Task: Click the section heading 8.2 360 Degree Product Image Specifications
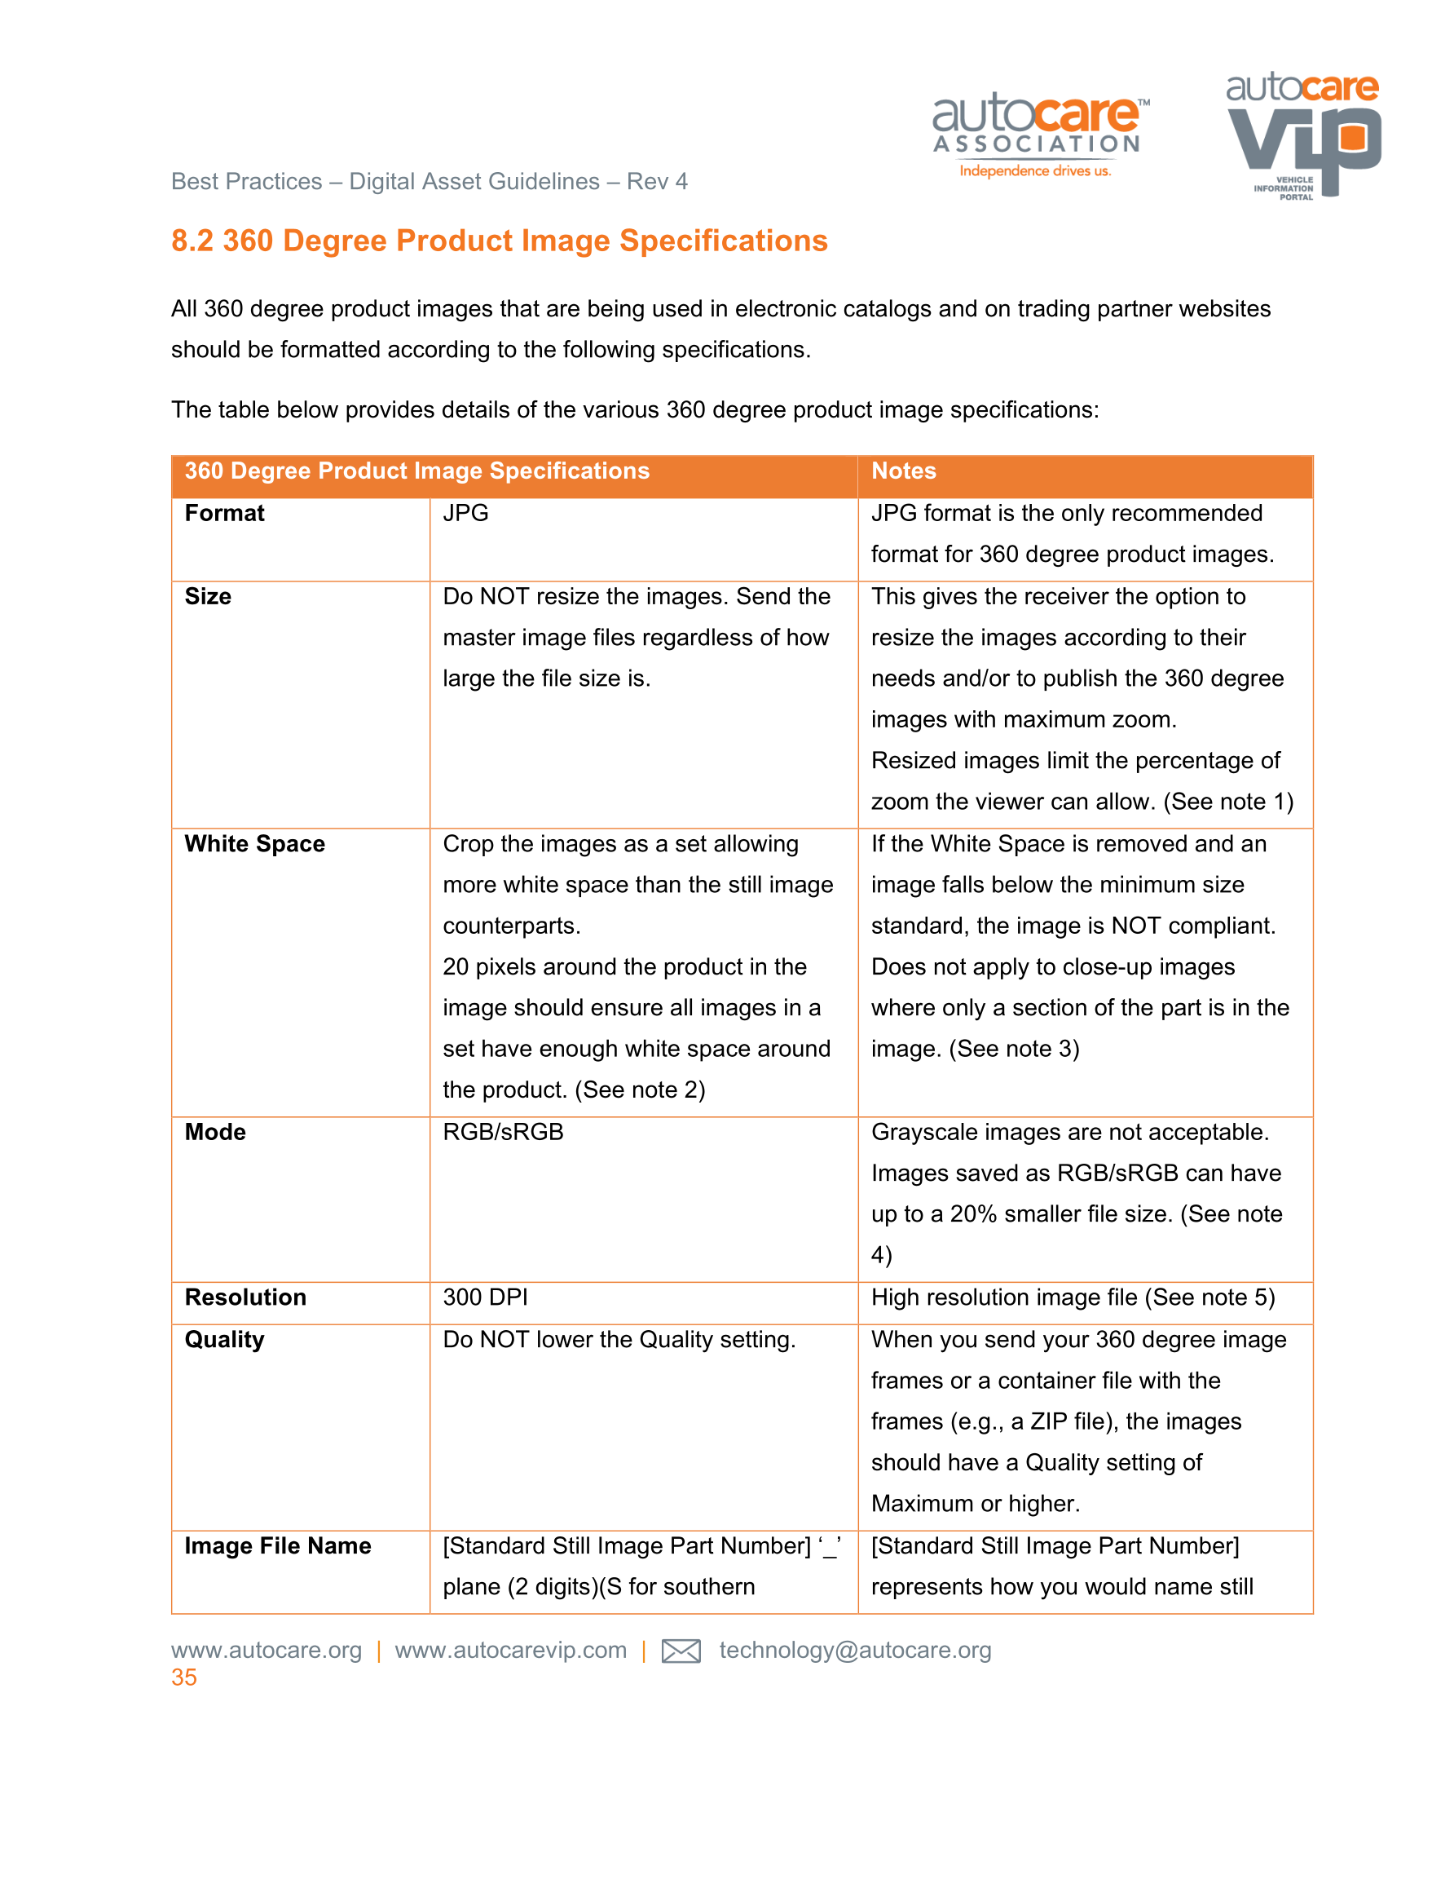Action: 499,241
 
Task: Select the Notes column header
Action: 903,471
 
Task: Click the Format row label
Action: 224,513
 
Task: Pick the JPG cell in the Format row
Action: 465,513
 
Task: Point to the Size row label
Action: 208,597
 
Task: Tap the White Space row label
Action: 254,843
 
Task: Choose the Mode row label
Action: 214,1132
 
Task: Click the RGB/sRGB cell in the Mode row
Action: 503,1132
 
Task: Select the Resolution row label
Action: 245,1297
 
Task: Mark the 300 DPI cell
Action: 485,1297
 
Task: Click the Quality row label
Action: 224,1339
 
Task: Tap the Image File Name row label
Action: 278,1545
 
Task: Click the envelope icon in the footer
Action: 680,1651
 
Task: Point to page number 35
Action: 183,1677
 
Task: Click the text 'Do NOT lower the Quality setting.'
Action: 619,1339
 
